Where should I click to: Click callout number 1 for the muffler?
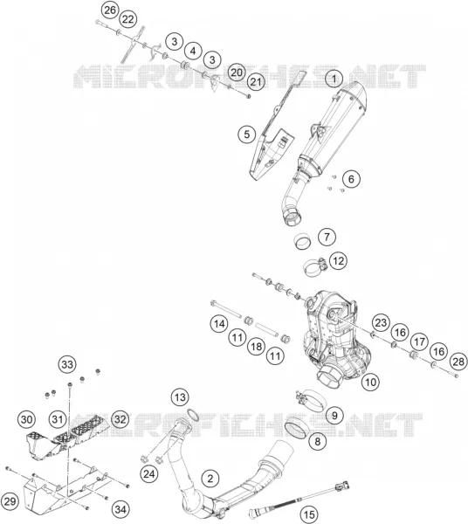334,79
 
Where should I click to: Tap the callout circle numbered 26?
110,10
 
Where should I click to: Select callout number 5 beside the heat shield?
246,134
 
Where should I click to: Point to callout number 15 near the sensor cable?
309,514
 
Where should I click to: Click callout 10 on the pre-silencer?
370,382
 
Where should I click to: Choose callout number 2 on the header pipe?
210,479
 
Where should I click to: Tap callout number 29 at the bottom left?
10,501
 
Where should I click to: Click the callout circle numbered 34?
120,509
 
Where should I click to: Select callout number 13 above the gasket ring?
180,397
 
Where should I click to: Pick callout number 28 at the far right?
458,362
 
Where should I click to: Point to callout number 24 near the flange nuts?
149,473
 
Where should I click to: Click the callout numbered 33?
67,364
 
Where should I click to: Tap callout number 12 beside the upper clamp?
338,260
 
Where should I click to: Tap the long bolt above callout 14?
226,309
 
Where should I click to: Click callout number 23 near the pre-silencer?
381,323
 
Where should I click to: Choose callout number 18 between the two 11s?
256,347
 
